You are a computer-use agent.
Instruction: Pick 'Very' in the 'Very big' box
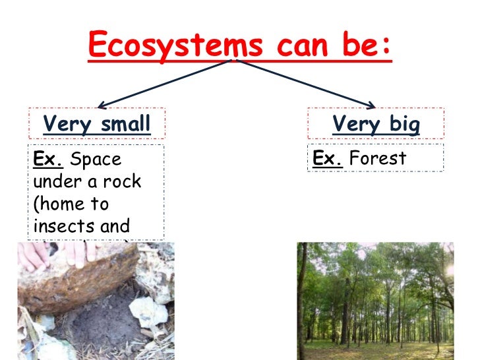pyautogui.click(x=356, y=124)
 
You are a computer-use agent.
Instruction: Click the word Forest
pyautogui.click(x=378, y=159)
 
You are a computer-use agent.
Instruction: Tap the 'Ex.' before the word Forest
pyautogui.click(x=327, y=159)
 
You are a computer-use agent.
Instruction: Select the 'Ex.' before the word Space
pyautogui.click(x=48, y=159)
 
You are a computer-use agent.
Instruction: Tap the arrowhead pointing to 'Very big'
pyautogui.click(x=371, y=104)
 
